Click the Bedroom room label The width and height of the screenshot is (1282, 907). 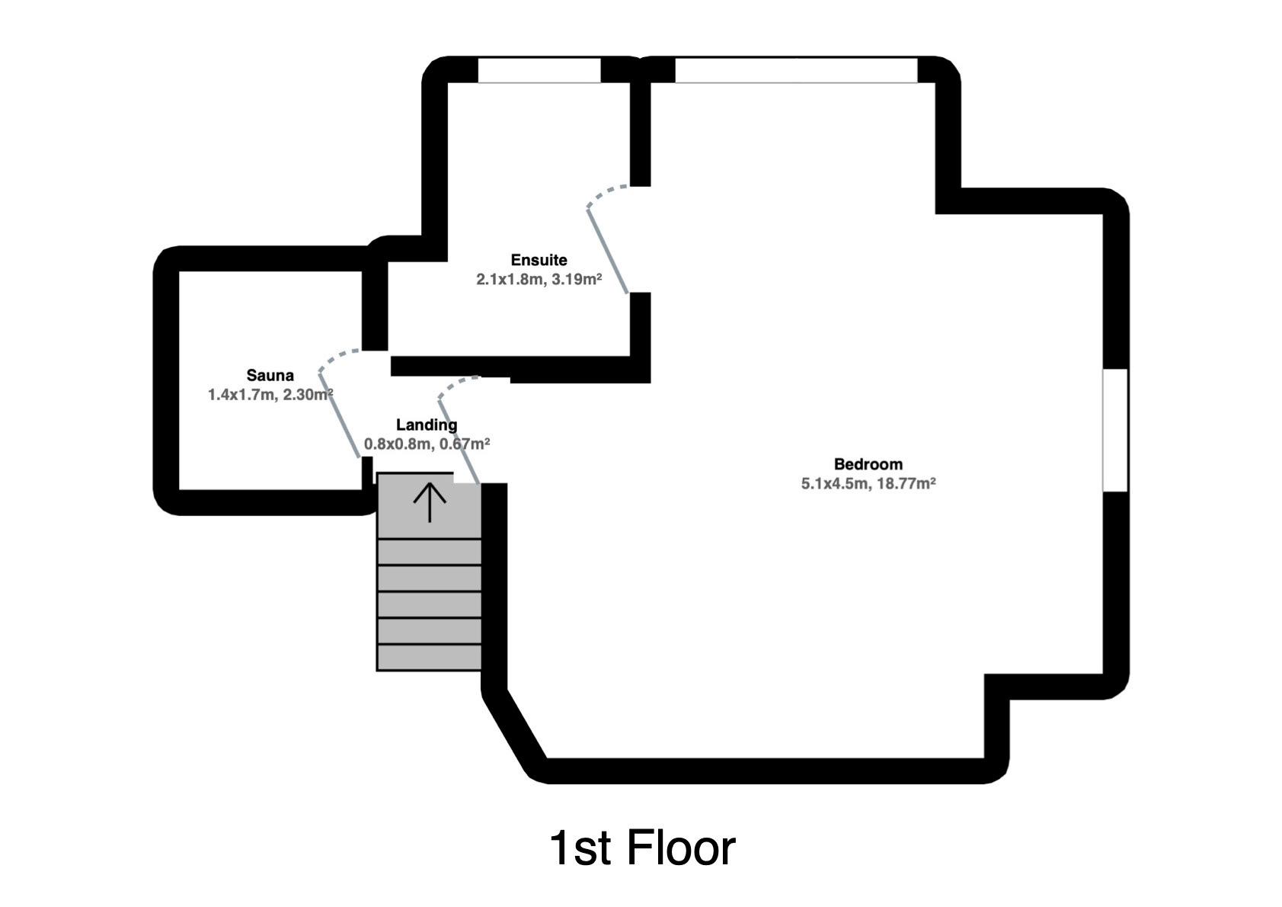(868, 464)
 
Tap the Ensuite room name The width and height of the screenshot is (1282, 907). (539, 260)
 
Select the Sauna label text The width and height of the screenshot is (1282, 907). (270, 375)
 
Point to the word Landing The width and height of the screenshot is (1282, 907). (427, 425)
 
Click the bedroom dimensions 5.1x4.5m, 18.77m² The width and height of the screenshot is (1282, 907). (868, 483)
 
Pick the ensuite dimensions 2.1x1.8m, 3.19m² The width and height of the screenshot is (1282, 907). (539, 280)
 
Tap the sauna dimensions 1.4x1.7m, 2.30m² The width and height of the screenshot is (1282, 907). (270, 395)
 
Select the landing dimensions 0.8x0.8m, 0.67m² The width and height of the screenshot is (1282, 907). (427, 444)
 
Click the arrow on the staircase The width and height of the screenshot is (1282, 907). (430, 502)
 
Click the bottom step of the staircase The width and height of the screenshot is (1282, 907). (429, 657)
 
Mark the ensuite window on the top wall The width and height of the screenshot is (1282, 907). (539, 70)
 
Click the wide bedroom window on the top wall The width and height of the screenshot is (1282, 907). (796, 70)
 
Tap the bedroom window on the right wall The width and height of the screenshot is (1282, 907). (1115, 430)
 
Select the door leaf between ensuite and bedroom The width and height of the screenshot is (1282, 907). (608, 252)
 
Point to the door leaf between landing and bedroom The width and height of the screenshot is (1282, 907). (459, 441)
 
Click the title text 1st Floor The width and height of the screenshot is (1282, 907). (642, 848)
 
